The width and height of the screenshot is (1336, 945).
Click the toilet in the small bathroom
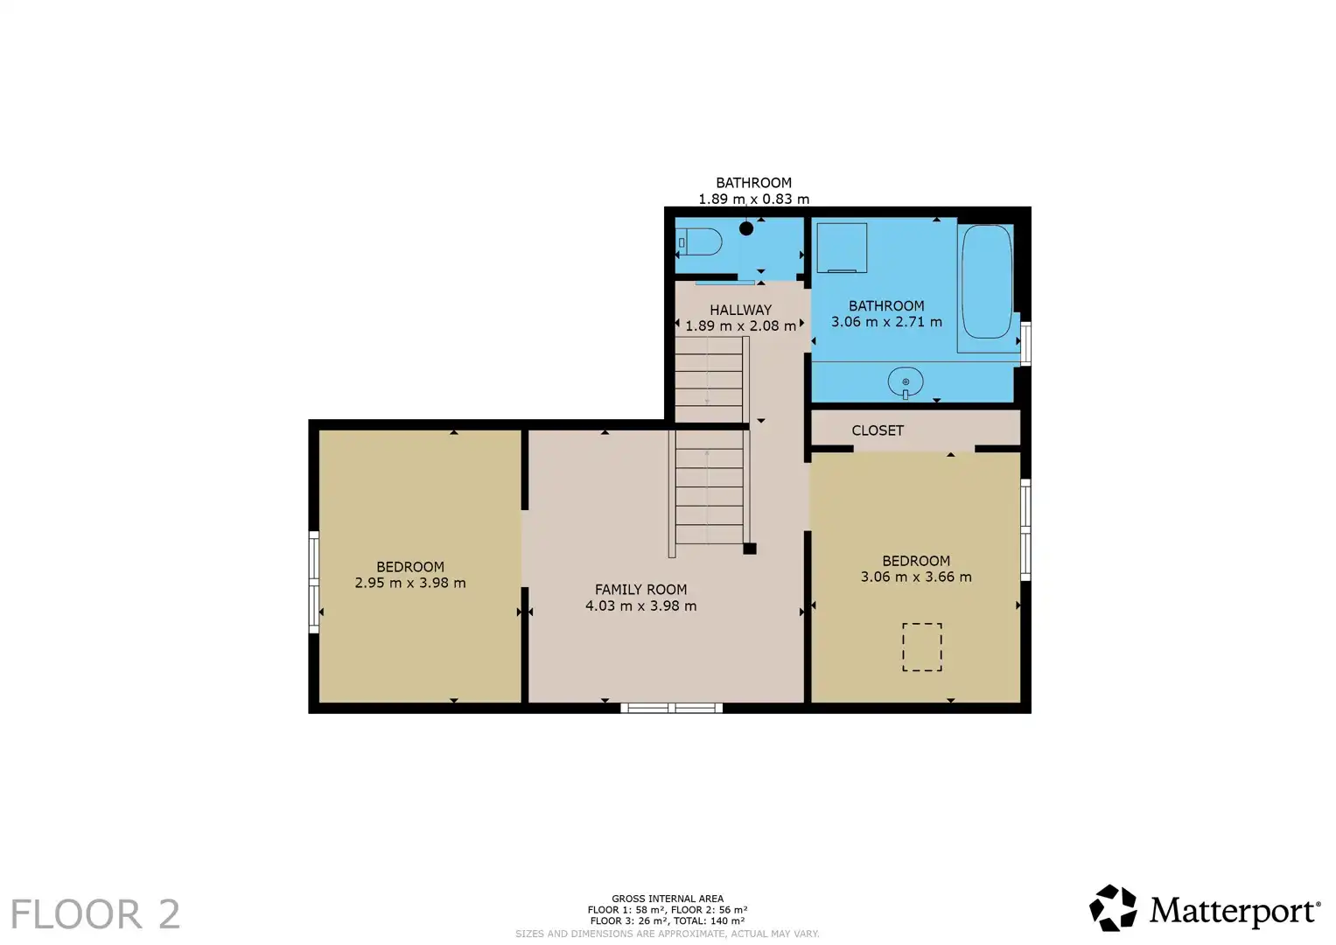pos(700,242)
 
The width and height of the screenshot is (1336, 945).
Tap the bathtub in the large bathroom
pos(987,282)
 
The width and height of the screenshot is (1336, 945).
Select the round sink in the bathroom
pos(906,381)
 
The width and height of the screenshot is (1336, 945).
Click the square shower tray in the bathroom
pos(843,248)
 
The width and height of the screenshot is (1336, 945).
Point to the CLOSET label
pos(878,430)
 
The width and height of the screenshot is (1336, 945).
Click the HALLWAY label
pos(741,310)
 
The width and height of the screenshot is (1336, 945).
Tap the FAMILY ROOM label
pos(640,590)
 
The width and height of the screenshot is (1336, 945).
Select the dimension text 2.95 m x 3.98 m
pos(410,583)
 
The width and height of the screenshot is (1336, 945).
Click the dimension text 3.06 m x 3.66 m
pos(916,577)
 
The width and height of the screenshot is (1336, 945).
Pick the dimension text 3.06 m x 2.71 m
pos(887,322)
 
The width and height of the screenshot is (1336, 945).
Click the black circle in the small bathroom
pos(746,227)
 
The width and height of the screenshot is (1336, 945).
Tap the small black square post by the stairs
pos(750,549)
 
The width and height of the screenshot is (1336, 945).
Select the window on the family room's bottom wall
pos(672,708)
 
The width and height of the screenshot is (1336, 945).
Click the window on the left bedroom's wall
pos(314,582)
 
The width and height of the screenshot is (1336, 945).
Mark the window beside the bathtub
pos(1025,344)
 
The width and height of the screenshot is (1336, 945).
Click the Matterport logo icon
pos(1113,908)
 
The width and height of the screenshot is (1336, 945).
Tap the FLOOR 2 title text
pos(95,914)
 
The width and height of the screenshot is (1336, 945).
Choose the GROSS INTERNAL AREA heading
pos(668,899)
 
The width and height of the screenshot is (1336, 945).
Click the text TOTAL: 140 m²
pos(710,920)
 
